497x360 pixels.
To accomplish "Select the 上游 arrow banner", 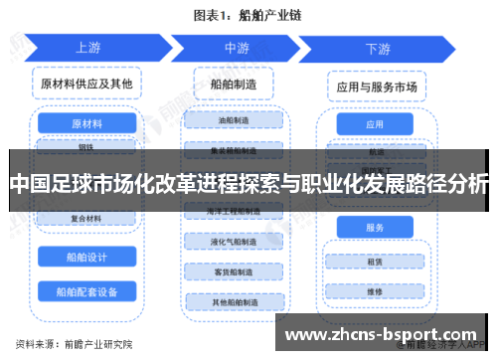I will (87, 48).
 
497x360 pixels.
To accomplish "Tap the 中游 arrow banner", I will (237, 48).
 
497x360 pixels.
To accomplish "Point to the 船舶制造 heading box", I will (235, 87).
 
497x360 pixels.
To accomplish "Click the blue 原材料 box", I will (86, 124).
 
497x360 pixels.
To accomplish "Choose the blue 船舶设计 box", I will (86, 257).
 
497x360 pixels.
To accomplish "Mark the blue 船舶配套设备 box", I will (86, 292).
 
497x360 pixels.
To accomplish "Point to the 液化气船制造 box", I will (235, 242).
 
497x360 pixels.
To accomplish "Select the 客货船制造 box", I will (235, 271).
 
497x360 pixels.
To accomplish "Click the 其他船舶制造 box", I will (235, 301).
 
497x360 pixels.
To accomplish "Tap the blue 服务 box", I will (375, 228).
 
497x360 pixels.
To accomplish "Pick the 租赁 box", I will (375, 263).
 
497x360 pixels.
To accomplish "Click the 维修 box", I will (375, 292).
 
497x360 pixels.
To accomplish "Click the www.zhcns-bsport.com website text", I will (387, 335).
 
